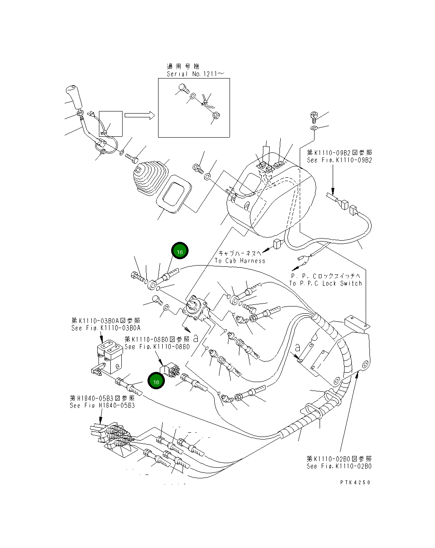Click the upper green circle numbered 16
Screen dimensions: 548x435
[180, 252]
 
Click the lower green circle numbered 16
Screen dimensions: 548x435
[156, 381]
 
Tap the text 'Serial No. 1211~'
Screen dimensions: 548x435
[195, 74]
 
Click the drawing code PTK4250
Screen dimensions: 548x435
[354, 482]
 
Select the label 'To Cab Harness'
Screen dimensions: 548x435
[240, 260]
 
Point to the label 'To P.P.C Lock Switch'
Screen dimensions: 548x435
[326, 283]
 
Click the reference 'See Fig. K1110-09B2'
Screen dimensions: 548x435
[339, 160]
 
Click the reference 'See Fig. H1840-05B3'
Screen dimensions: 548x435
[102, 406]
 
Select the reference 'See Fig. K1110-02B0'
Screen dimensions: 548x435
[339, 466]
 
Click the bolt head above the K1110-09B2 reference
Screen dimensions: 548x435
[314, 115]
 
